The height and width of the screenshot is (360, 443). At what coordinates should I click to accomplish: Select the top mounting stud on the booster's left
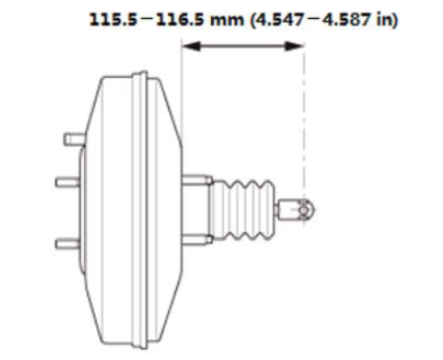[73, 140]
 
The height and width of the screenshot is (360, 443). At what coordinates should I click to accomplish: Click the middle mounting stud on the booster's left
[66, 181]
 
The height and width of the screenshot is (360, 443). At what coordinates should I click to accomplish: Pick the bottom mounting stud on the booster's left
[66, 243]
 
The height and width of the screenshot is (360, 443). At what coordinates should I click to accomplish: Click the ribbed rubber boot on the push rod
[242, 209]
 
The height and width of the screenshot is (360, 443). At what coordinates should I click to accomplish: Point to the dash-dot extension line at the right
[305, 120]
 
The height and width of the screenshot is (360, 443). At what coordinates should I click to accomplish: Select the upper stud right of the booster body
[196, 179]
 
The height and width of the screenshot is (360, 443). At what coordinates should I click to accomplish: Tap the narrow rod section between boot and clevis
[281, 210]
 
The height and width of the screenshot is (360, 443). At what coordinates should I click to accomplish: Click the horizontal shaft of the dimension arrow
[242, 46]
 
